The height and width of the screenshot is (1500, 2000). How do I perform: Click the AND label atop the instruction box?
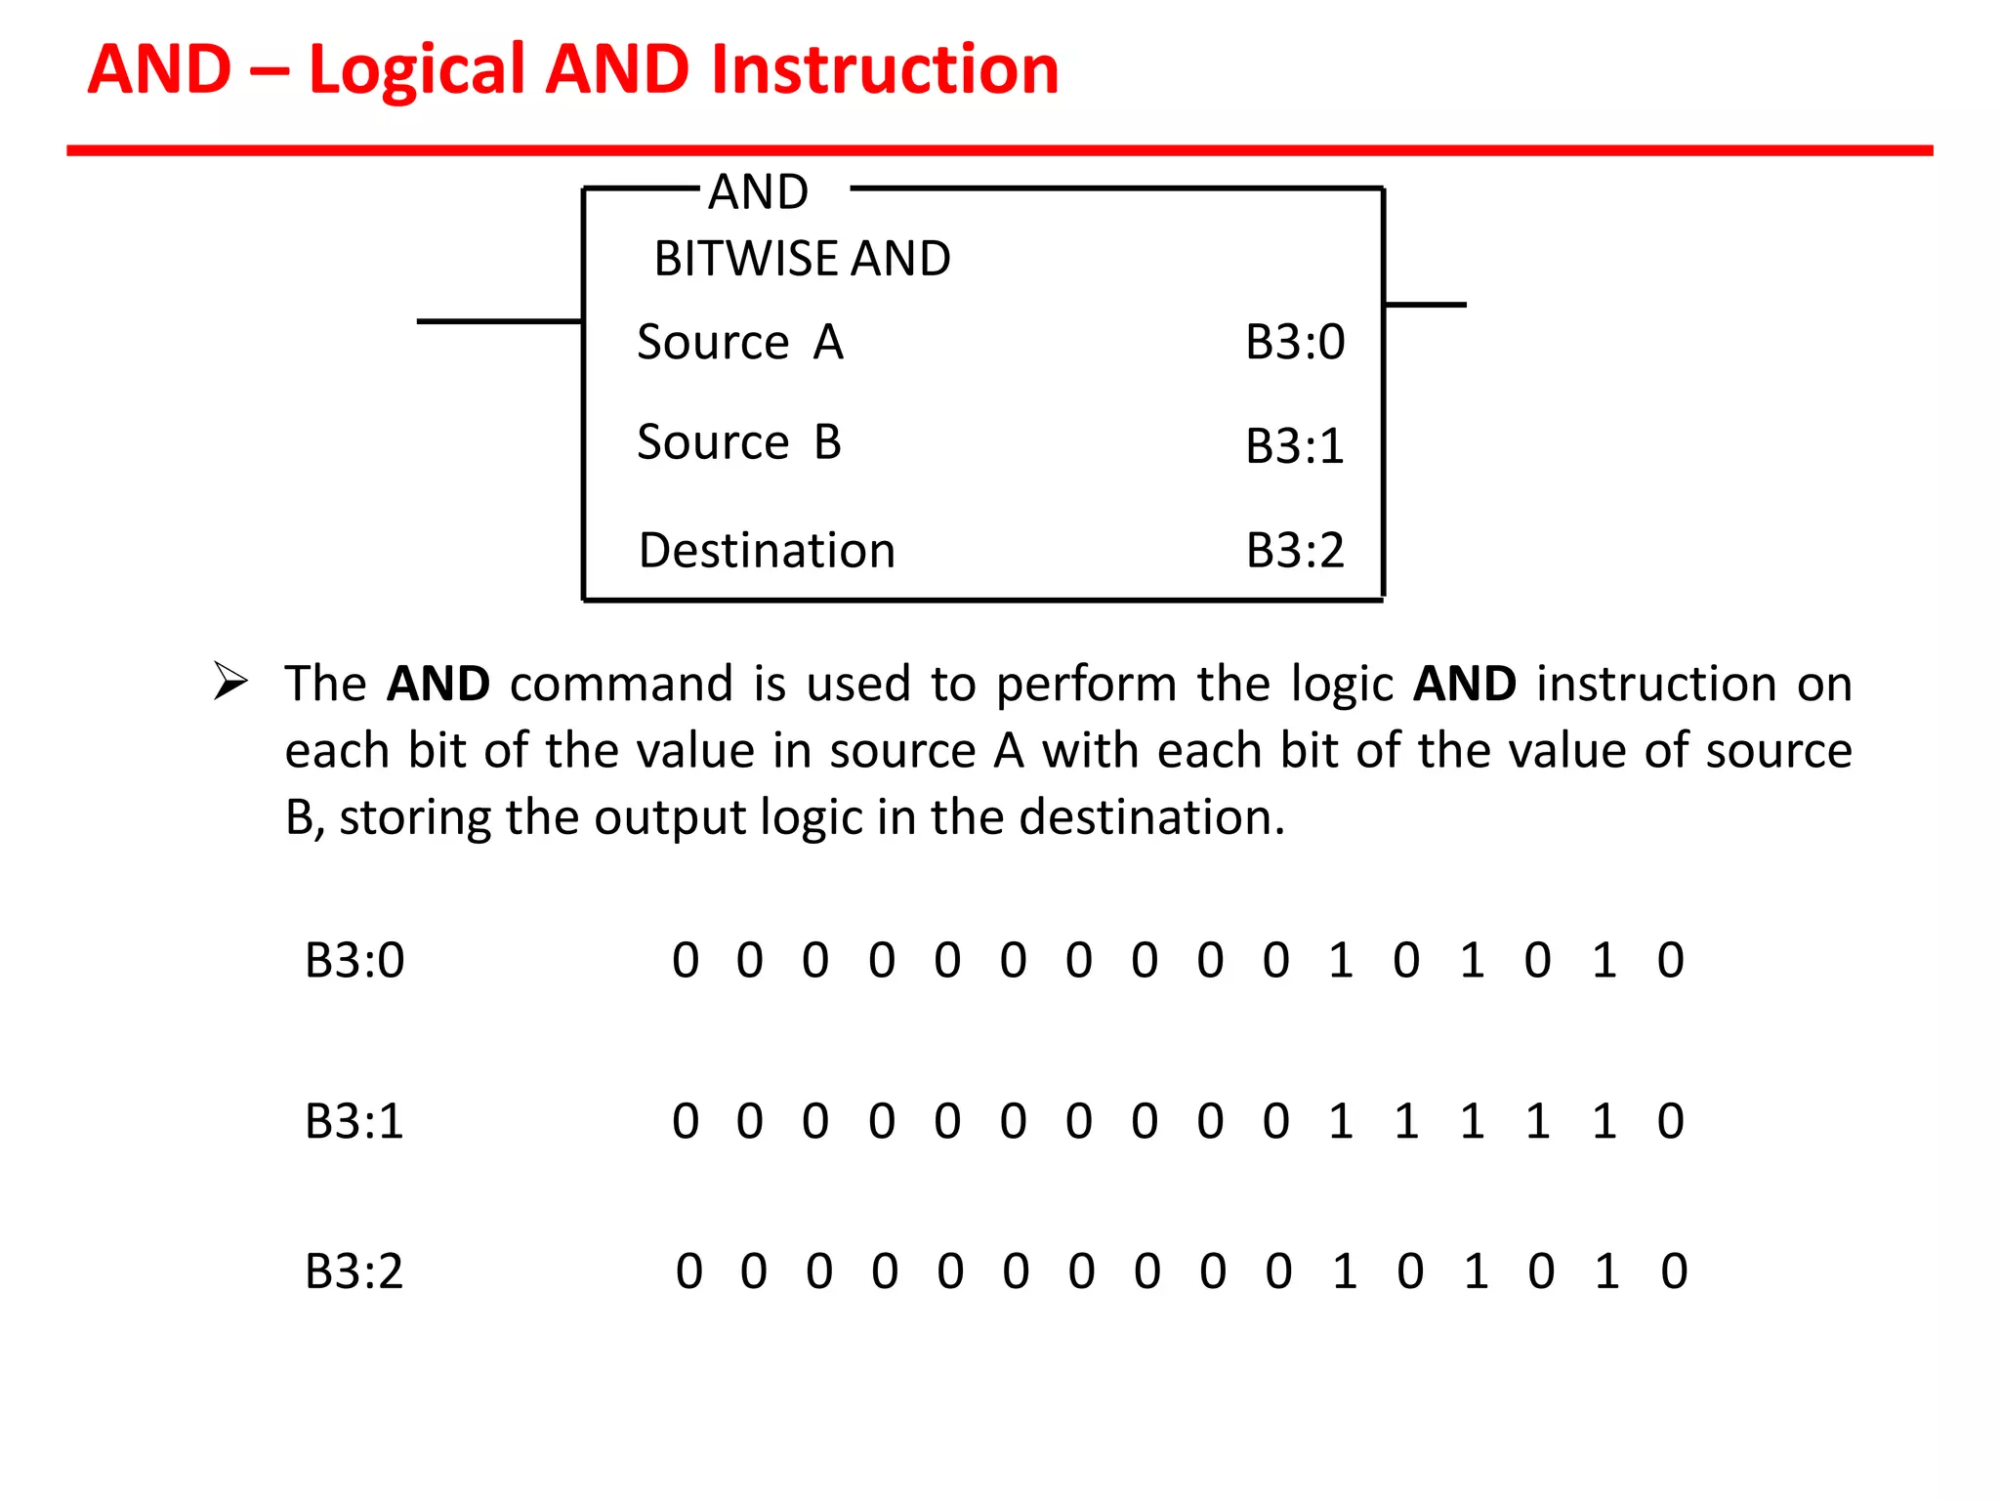tap(758, 191)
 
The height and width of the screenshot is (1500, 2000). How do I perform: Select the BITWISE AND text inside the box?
tap(802, 259)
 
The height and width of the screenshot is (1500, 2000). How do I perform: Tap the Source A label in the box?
tap(739, 342)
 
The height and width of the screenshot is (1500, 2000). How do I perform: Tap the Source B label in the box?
tap(738, 441)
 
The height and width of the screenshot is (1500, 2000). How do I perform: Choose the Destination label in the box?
tap(767, 550)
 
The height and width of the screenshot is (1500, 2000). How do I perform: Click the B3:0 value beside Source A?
tap(1295, 342)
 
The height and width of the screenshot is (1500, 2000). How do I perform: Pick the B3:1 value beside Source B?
tap(1295, 445)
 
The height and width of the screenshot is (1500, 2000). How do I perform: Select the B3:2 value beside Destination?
tap(1295, 550)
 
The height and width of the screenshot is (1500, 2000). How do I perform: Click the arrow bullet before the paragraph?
tap(230, 681)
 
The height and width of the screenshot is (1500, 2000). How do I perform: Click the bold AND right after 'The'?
tap(437, 684)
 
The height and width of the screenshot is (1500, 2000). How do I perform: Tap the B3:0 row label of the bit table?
tap(354, 960)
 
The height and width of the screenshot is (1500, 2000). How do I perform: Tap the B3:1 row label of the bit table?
tap(354, 1121)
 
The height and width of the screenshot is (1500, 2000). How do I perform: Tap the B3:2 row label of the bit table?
tap(354, 1271)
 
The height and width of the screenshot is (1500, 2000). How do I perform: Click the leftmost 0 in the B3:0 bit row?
tap(686, 960)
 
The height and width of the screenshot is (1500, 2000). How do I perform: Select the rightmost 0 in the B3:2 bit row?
tap(1674, 1271)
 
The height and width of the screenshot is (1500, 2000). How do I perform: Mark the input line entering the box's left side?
tap(499, 320)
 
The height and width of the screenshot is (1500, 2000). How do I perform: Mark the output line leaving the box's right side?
tap(1425, 305)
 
